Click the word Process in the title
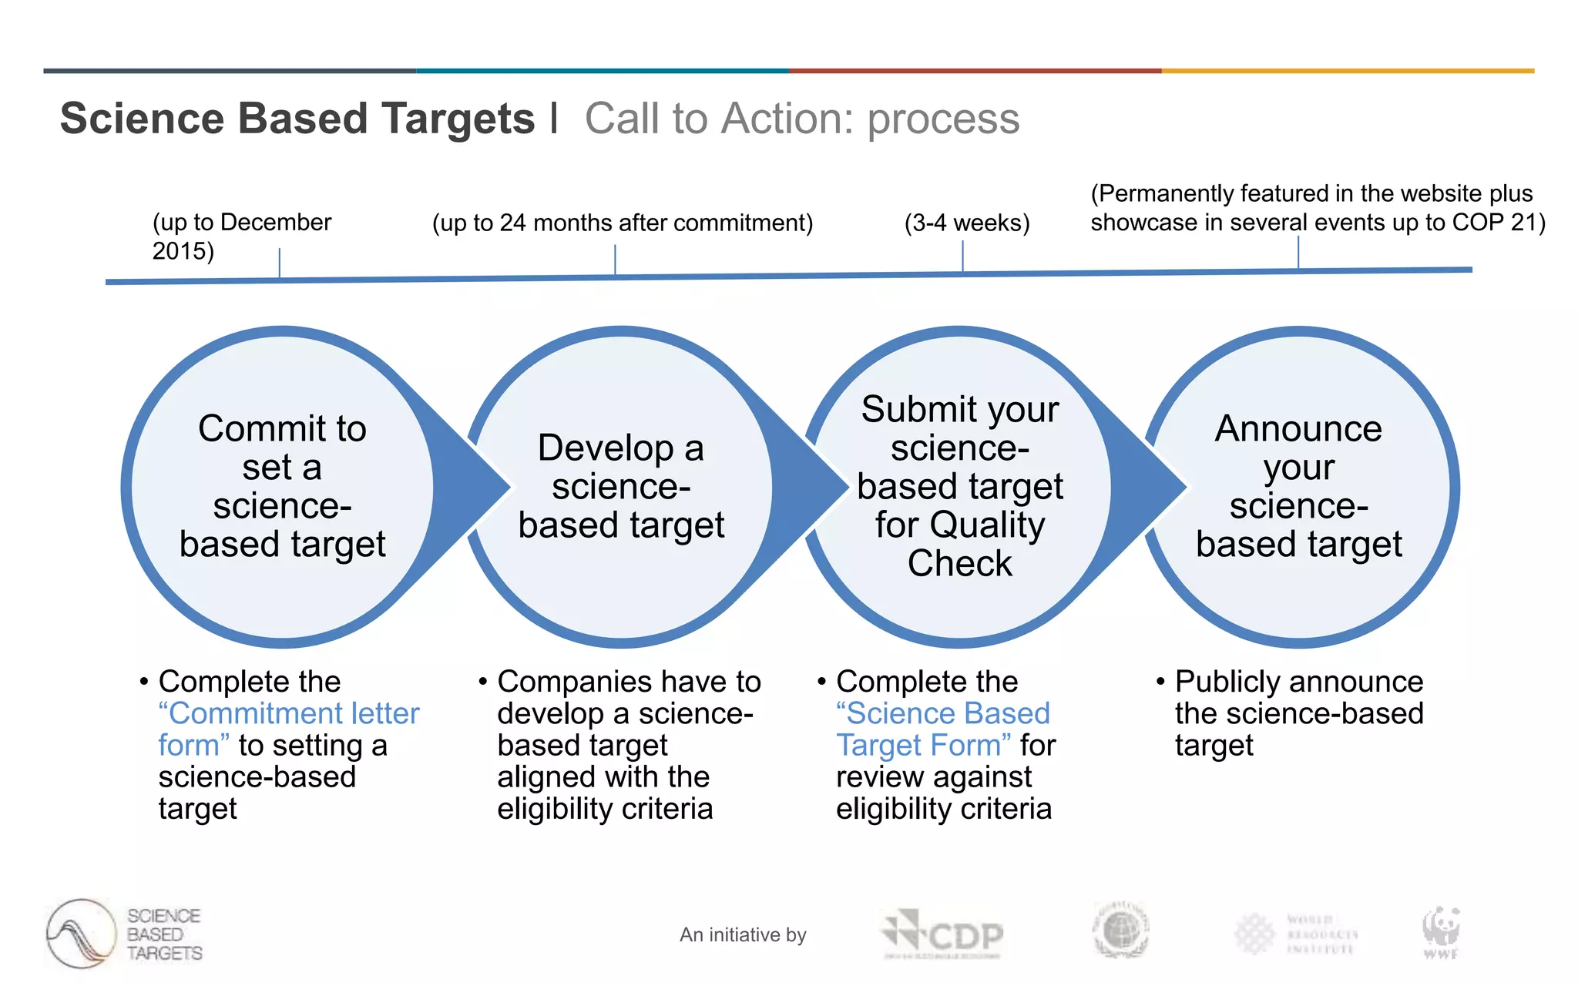tap(943, 119)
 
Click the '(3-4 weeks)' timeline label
tap(966, 223)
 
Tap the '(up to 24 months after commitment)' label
tap(622, 223)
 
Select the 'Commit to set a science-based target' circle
tap(282, 487)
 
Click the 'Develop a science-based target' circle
tap(621, 487)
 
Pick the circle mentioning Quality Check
tap(959, 487)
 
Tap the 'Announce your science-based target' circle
tap(1299, 487)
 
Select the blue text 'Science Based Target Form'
tap(943, 714)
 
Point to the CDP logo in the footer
tap(942, 934)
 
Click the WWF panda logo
tap(1440, 931)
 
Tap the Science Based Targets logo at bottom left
tap(123, 934)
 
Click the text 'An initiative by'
tap(742, 934)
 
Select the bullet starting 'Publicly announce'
tap(1298, 713)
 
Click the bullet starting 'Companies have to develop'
tap(628, 745)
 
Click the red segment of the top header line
tap(975, 71)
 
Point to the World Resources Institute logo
tap(1296, 934)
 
